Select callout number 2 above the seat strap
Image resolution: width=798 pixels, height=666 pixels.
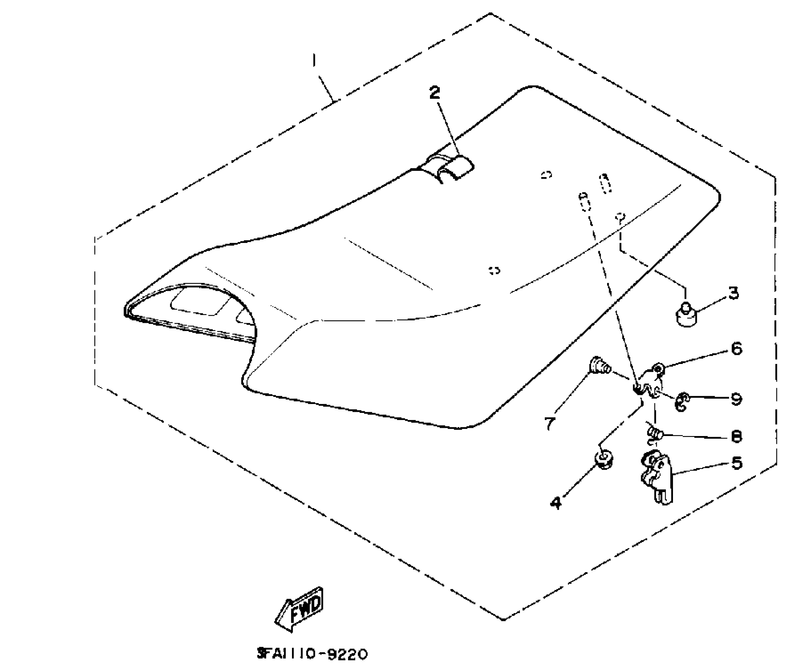point(435,93)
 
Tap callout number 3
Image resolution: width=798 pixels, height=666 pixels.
point(733,293)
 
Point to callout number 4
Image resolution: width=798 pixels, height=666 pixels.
point(556,503)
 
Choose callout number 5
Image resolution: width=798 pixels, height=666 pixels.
point(736,463)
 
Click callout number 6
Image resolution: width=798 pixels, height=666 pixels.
point(736,348)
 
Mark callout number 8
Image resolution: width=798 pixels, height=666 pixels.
point(736,436)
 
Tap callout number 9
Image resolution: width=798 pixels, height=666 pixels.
point(736,399)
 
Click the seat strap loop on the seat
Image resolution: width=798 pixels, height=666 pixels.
point(451,168)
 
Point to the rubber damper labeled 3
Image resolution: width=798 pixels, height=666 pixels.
point(686,316)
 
